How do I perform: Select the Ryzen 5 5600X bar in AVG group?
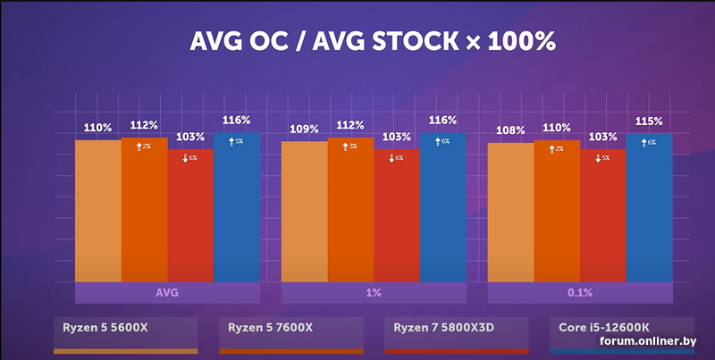97,210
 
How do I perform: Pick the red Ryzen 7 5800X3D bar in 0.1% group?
603,215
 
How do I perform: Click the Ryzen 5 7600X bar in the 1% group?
350,210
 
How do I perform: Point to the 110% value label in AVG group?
97,128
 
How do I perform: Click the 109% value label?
304,130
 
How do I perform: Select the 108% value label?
510,130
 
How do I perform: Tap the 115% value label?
650,121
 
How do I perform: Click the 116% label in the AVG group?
237,120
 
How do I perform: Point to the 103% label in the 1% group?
396,138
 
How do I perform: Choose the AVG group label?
167,293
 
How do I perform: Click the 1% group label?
374,293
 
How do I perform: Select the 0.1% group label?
580,293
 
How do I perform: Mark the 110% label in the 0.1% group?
557,128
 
